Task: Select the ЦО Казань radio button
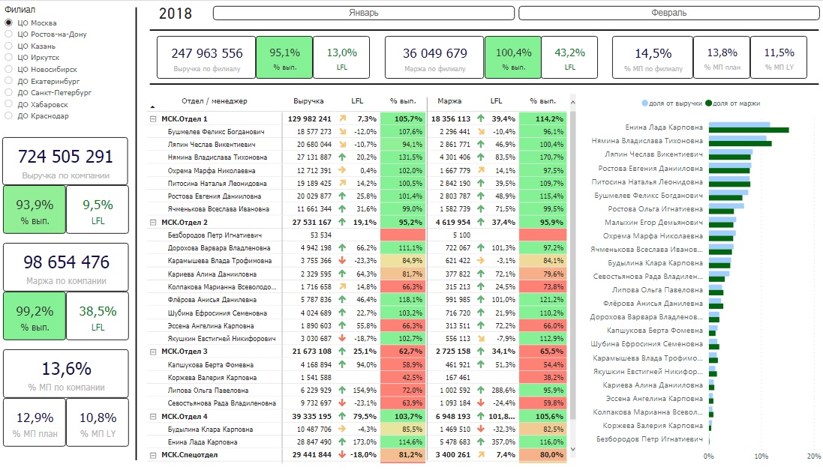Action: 8,46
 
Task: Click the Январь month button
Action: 363,13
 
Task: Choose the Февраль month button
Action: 668,13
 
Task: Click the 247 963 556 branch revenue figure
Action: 207,53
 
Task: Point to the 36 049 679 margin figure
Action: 434,53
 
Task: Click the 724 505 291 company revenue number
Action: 65,157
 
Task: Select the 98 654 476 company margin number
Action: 66,262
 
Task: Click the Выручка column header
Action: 308,100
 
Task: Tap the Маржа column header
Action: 449,100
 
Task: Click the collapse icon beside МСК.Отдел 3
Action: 153,352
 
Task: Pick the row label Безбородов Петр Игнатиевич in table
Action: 215,235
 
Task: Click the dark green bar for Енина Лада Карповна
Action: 749,130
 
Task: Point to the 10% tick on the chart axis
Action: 761,457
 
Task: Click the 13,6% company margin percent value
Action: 66,369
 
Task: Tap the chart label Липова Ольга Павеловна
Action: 657,289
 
